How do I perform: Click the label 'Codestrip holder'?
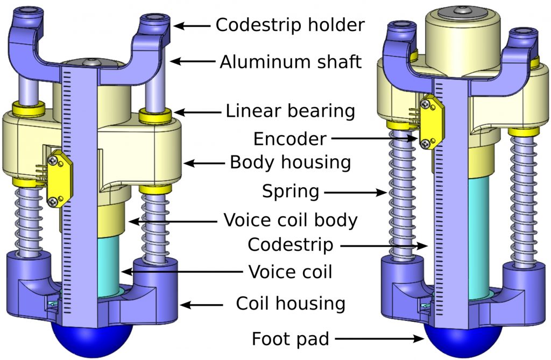pyautogui.click(x=290, y=25)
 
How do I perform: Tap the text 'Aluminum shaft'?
pyautogui.click(x=290, y=62)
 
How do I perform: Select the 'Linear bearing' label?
pyautogui.click(x=290, y=111)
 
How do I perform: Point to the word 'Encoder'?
pyautogui.click(x=289, y=139)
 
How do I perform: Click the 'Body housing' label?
pyautogui.click(x=290, y=162)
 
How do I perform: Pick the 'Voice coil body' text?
pyautogui.click(x=290, y=220)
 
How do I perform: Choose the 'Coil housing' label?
pyautogui.click(x=290, y=303)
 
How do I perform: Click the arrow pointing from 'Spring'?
pyautogui.click(x=356, y=192)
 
